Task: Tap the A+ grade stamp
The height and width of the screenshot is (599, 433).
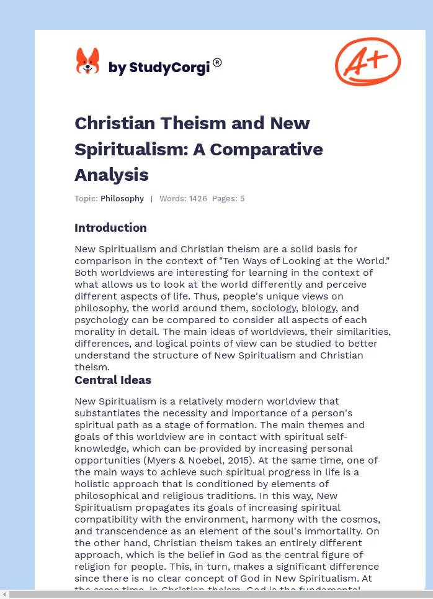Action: click(x=368, y=61)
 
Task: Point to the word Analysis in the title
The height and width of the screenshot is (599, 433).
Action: click(x=111, y=175)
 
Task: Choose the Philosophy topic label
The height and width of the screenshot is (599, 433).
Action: click(x=122, y=199)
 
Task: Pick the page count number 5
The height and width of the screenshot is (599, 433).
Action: click(x=243, y=199)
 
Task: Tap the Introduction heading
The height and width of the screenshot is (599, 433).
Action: click(x=110, y=227)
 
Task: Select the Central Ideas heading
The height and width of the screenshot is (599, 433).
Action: click(x=113, y=380)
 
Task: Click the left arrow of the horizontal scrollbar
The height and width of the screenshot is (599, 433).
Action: click(x=5, y=595)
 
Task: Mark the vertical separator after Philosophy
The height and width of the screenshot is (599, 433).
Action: click(x=151, y=199)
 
